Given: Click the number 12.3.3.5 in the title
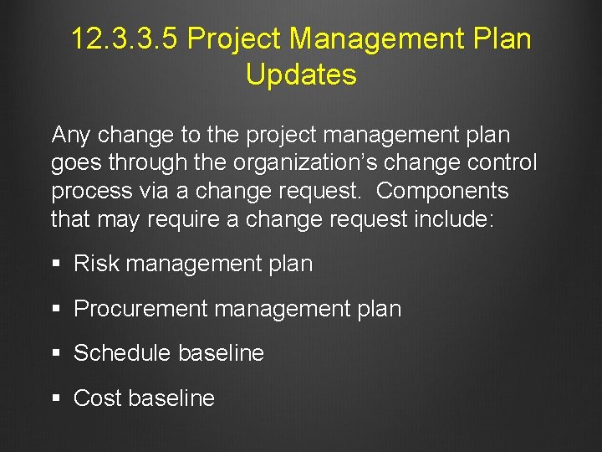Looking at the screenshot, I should (x=124, y=39).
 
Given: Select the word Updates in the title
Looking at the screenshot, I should (x=301, y=74).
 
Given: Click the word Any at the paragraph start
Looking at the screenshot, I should (x=73, y=134).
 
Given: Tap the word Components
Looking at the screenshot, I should (x=442, y=191).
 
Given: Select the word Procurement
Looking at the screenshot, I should (x=140, y=309).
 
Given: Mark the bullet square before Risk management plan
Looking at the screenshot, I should (x=56, y=265).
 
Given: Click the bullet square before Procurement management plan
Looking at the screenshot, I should (x=56, y=310).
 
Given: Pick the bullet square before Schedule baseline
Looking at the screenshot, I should (x=56, y=354).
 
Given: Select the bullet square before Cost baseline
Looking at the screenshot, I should (x=56, y=399).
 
